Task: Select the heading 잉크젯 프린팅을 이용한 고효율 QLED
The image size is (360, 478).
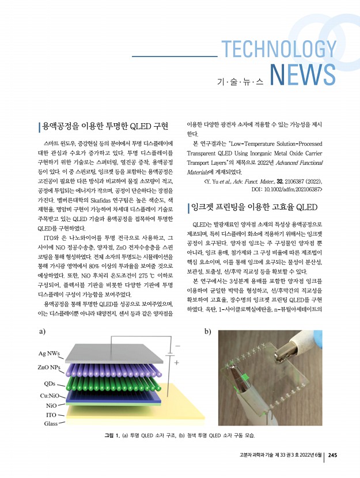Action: [x=252, y=207]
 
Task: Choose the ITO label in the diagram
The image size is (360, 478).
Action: [x=51, y=414]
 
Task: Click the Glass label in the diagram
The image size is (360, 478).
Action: [x=51, y=423]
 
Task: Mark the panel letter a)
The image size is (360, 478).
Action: [x=42, y=332]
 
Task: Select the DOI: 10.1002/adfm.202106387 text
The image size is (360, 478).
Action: [x=286, y=188]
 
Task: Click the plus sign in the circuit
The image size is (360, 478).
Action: [x=176, y=363]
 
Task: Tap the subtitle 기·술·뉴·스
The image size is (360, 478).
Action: [x=240, y=82]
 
